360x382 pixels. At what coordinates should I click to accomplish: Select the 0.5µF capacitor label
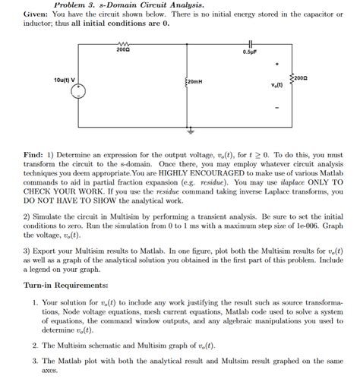pos(249,52)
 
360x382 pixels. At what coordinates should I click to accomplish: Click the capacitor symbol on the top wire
pos(249,43)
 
